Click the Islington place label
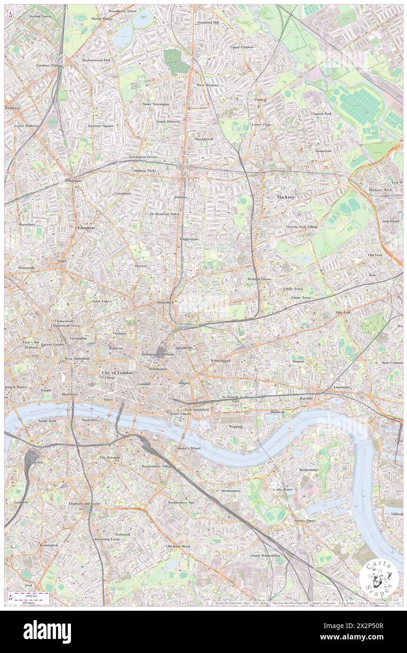click(x=86, y=227)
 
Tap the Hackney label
click(x=285, y=197)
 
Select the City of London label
click(x=117, y=373)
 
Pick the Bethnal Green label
click(x=259, y=279)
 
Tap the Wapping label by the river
click(x=235, y=427)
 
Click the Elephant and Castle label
click(x=85, y=504)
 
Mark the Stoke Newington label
click(x=156, y=104)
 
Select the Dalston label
click(x=181, y=197)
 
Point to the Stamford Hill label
click(x=208, y=22)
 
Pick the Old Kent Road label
click(x=178, y=546)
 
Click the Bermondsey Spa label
click(x=181, y=502)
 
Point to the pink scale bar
click(x=31, y=595)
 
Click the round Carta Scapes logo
click(x=379, y=580)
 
